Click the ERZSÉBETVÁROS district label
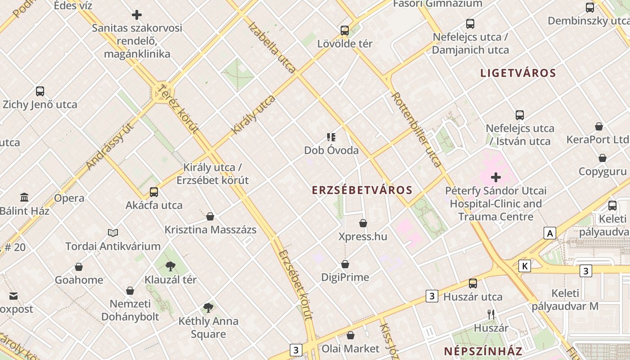362,190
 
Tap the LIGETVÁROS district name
518,73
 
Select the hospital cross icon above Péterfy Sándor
496,177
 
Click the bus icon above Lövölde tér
345,31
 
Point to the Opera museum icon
24,197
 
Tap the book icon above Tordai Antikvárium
113,233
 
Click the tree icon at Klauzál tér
170,266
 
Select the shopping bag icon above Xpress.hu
363,223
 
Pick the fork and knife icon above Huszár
491,314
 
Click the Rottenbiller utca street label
416,129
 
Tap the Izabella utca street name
272,47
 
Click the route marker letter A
549,233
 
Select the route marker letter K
524,266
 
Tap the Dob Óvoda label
331,150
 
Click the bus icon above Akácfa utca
154,192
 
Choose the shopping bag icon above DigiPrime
345,264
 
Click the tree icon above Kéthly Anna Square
208,308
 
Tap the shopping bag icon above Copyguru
603,158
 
